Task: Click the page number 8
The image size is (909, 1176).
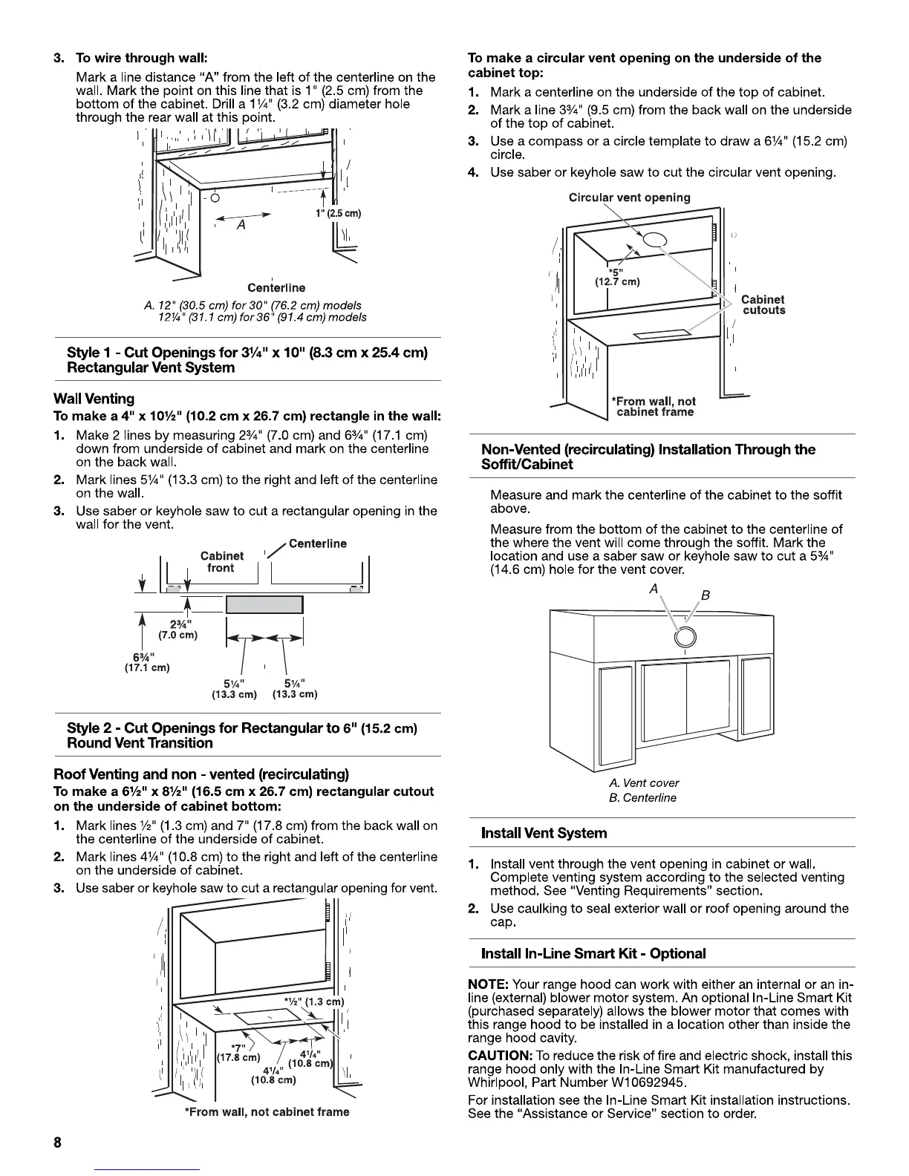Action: pos(56,1143)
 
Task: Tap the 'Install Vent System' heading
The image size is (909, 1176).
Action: pos(544,833)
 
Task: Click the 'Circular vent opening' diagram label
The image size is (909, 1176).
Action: pos(629,197)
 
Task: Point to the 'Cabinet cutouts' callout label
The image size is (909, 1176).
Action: pos(763,304)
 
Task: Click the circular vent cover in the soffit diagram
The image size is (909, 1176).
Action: pos(685,637)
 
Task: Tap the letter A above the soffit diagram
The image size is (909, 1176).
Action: pos(654,588)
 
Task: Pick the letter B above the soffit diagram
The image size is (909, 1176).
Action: pos(706,595)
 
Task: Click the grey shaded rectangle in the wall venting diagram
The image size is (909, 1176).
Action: pos(264,604)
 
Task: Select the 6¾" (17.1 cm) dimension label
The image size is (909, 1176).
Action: pos(147,661)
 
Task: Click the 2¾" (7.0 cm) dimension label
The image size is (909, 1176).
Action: pos(178,630)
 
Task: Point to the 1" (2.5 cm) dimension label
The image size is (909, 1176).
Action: pos(339,214)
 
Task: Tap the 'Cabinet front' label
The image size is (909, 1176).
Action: pos(221,562)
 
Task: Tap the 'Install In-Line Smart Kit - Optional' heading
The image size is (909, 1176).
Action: pos(593,953)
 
